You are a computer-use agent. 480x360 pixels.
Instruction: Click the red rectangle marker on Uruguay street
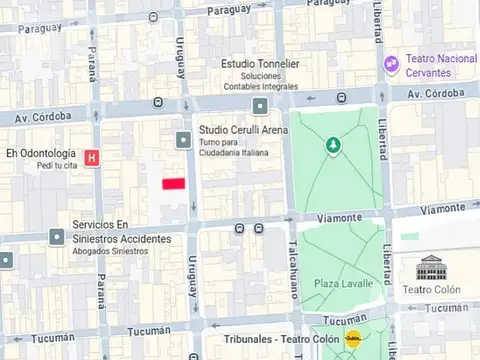point(175,183)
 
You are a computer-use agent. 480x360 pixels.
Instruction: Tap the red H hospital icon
point(92,157)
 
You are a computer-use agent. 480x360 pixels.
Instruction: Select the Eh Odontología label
point(41,153)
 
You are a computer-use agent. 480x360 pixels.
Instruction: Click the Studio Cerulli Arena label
point(243,130)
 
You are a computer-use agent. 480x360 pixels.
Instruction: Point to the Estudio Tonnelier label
point(260,64)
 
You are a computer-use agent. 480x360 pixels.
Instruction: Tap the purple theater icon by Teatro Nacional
point(392,63)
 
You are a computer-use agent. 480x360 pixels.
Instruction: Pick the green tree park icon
point(332,147)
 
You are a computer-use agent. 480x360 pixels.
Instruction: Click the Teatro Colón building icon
point(431,267)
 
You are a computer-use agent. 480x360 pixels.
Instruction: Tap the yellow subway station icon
point(352,340)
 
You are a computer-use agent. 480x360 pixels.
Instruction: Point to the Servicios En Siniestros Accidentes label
point(121,232)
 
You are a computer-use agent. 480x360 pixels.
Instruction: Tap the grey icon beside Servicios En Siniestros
point(56,237)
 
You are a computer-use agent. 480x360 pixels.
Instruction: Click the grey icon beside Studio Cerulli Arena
point(183,139)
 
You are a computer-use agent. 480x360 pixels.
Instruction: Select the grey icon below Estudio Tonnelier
point(260,105)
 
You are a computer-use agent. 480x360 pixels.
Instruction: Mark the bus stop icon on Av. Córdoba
point(341,98)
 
